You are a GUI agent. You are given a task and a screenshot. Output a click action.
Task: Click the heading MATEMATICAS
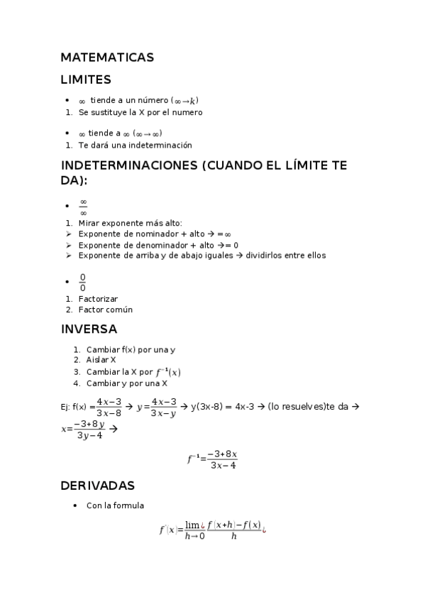click(107, 58)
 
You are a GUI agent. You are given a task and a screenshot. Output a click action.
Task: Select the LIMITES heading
click(86, 80)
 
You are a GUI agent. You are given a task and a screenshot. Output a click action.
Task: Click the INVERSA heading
click(89, 329)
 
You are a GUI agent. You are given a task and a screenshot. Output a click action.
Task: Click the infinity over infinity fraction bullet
click(83, 207)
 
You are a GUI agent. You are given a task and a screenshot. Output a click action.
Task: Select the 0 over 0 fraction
click(82, 283)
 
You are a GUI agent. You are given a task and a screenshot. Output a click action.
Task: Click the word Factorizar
click(98, 299)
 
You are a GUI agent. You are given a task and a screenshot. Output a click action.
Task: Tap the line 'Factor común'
click(105, 310)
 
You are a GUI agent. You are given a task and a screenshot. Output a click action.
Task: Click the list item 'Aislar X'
click(101, 360)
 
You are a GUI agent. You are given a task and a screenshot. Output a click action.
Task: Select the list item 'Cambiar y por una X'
click(126, 383)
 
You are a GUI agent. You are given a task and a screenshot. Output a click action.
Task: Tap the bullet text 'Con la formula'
click(115, 505)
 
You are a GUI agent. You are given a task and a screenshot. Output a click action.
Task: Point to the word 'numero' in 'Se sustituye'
click(186, 112)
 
